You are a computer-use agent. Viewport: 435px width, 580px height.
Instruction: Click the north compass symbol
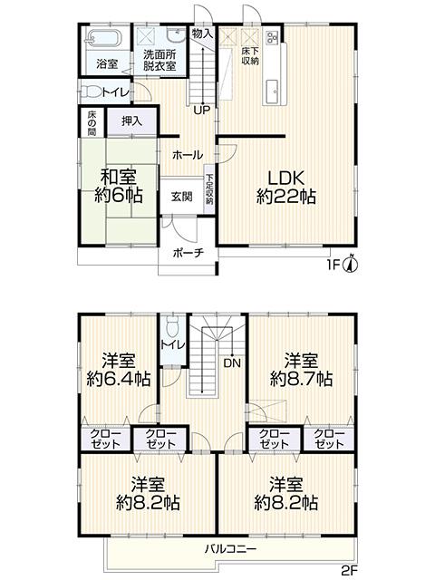pyautogui.click(x=352, y=264)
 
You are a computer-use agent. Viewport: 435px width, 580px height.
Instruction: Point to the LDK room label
pyautogui.click(x=286, y=178)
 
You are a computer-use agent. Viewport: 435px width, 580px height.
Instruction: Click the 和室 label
pyautogui.click(x=119, y=177)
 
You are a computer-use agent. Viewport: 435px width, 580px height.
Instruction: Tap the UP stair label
pyautogui.click(x=202, y=110)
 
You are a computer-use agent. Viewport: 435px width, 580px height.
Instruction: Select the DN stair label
pyautogui.click(x=232, y=362)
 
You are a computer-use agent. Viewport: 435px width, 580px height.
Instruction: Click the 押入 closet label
pyautogui.click(x=132, y=121)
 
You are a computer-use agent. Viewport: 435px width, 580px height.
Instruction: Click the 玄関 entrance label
pyautogui.click(x=181, y=197)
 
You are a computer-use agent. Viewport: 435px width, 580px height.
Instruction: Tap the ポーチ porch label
pyautogui.click(x=188, y=253)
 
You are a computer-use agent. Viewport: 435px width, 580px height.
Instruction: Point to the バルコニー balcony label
pyautogui.click(x=231, y=548)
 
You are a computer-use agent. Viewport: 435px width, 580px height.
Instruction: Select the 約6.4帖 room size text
pyautogui.click(x=119, y=379)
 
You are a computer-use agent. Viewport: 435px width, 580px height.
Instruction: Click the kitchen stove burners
pyautogui.click(x=272, y=36)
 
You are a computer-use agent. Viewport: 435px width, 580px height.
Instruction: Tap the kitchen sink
pyautogui.click(x=274, y=90)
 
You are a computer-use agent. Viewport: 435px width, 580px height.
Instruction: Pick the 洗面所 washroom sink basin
pyautogui.click(x=176, y=35)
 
